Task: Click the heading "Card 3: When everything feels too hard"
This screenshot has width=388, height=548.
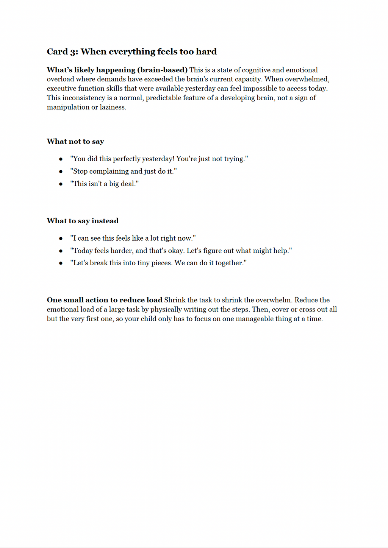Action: (x=131, y=51)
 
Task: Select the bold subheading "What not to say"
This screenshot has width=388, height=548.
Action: (x=75, y=142)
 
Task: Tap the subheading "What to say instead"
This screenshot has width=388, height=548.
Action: (x=83, y=221)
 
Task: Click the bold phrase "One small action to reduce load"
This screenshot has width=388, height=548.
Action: (x=105, y=300)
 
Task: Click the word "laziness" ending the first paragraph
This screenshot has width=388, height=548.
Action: (x=113, y=107)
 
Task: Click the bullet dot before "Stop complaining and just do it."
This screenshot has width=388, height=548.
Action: (x=61, y=172)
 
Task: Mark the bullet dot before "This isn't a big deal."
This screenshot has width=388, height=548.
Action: (x=61, y=184)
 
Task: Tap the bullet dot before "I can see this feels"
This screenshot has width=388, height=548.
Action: (x=61, y=239)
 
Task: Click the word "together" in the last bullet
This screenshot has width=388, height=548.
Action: (x=229, y=263)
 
